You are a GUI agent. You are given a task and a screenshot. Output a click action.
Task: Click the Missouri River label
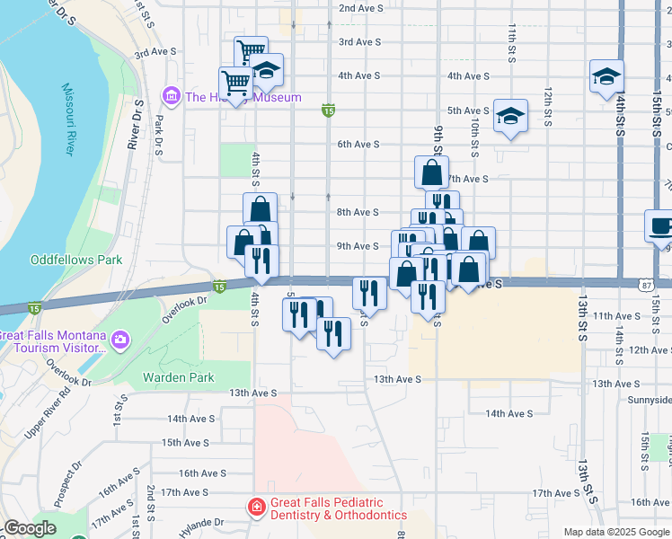tap(67, 119)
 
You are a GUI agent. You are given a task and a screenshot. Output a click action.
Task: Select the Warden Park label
tap(178, 377)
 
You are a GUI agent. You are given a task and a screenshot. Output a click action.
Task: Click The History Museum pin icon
tap(170, 95)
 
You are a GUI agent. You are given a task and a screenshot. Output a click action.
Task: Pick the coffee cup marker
tap(660, 225)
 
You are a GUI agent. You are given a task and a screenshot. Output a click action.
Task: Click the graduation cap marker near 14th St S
tap(606, 75)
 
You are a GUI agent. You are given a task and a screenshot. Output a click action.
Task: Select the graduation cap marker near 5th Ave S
tap(510, 115)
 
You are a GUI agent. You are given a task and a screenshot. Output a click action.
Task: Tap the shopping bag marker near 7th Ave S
tap(431, 172)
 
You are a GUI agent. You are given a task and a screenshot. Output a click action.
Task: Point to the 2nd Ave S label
tap(360, 8)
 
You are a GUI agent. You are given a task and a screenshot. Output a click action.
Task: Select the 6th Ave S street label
tap(358, 144)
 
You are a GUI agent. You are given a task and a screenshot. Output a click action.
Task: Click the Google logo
tap(30, 528)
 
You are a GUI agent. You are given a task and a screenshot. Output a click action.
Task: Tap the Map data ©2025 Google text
tap(615, 532)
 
